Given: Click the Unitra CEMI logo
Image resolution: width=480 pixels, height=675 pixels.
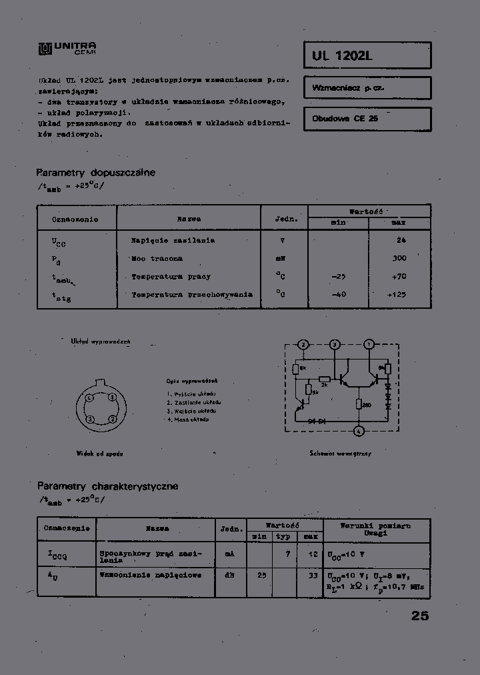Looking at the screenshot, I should click(67, 48).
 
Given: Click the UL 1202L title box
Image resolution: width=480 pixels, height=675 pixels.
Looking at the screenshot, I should click(367, 56).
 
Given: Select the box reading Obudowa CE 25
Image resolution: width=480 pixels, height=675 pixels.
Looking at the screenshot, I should click(367, 118).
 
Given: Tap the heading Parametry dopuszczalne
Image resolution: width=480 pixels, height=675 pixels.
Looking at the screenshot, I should click(95, 173).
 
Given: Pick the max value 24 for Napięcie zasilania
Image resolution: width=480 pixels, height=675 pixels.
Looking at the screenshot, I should click(401, 240).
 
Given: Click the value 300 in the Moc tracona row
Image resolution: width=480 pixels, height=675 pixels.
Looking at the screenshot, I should click(399, 258).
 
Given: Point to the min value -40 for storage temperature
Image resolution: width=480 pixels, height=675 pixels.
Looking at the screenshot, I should click(338, 294).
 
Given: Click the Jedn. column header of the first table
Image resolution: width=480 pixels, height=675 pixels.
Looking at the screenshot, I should click(283, 219).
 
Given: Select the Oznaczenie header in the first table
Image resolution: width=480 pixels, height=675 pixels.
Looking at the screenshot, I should click(75, 219).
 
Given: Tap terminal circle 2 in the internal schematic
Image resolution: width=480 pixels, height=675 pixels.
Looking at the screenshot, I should click(303, 344).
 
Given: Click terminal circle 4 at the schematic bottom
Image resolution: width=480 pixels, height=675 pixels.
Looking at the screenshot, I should click(359, 431).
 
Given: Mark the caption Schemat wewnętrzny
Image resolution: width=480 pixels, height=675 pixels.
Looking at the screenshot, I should click(340, 454).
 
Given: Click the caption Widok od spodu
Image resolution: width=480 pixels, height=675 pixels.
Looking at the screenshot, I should click(99, 454).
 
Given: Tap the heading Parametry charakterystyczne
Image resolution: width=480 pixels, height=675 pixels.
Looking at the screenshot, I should click(107, 486).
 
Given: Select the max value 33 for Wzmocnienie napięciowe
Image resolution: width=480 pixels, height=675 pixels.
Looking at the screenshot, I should click(313, 575).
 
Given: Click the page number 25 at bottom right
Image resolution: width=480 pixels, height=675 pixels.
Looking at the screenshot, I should click(420, 616).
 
